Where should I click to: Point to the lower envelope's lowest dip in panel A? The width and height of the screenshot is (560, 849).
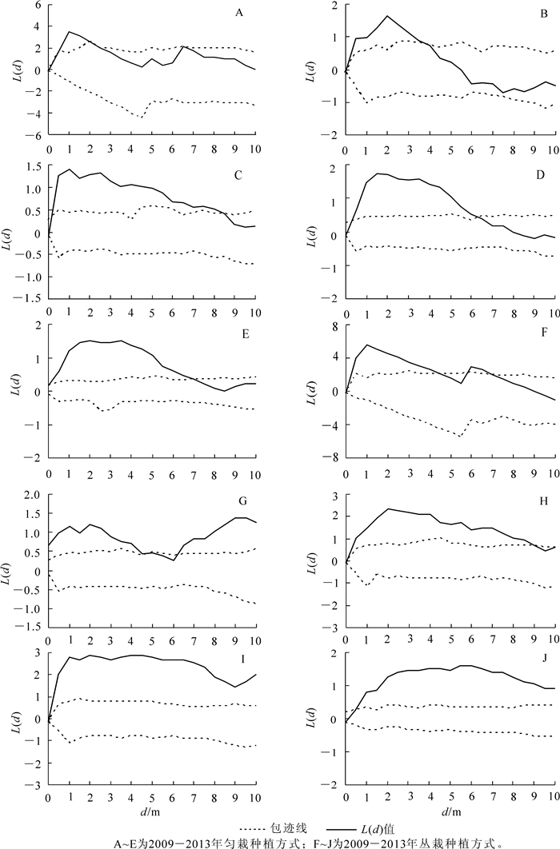coord(142,118)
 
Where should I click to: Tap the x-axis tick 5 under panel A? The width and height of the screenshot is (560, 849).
coord(152,148)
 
